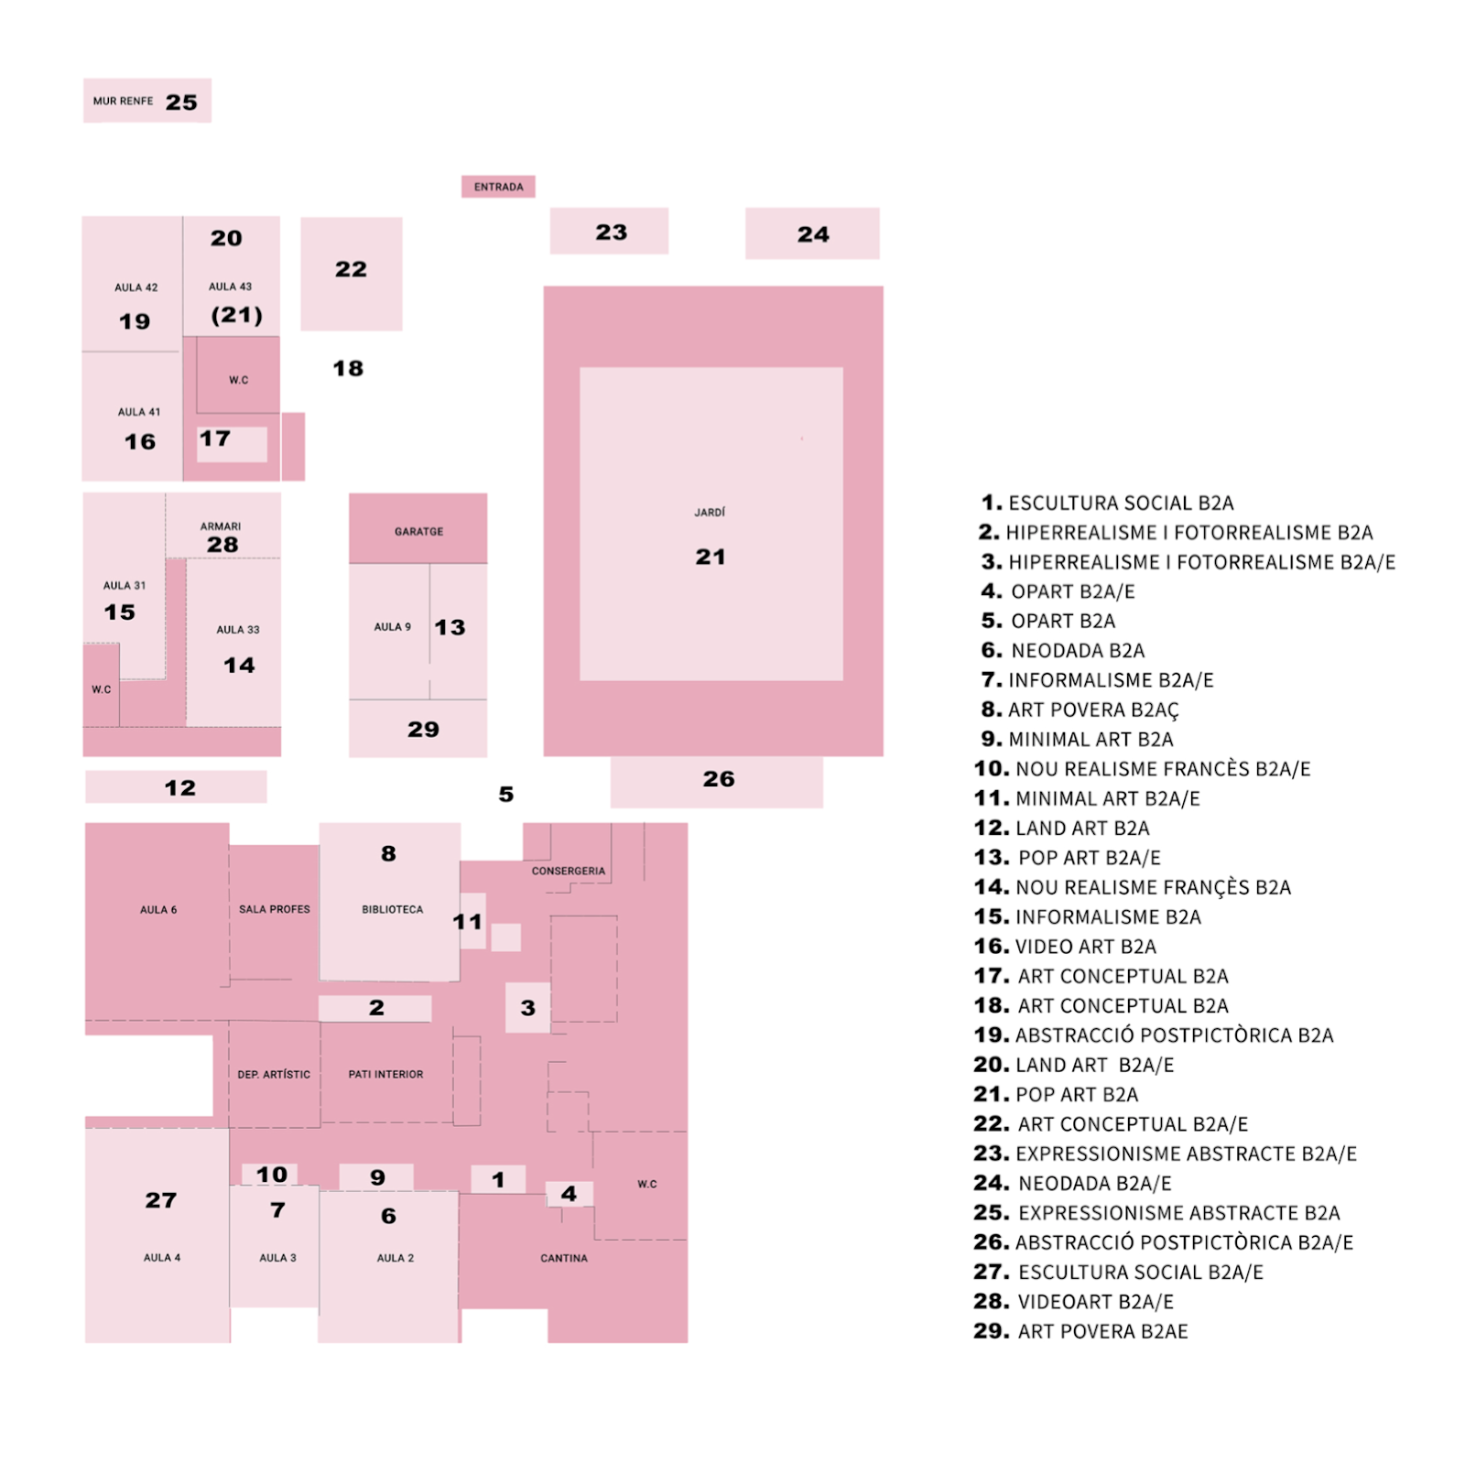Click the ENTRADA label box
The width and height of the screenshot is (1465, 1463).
498,187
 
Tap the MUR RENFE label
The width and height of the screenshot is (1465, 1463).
123,102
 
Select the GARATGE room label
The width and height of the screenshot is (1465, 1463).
418,531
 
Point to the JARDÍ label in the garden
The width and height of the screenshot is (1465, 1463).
710,513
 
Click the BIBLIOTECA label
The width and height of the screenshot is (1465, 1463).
392,909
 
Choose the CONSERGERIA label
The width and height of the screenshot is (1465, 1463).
568,871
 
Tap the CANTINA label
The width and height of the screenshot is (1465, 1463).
563,1258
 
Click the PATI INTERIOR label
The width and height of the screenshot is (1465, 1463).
385,1074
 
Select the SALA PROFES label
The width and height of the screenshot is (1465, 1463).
274,909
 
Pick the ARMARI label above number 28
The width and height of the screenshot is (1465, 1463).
221,526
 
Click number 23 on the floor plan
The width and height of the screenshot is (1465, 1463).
612,233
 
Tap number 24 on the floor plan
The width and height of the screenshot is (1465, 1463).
813,234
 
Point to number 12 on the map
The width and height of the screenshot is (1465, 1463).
180,788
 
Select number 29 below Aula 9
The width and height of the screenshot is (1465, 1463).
423,730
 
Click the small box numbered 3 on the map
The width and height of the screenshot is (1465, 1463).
527,1008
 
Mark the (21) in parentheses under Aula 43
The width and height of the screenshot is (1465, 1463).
237,315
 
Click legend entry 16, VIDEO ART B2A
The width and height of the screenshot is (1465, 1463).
1066,947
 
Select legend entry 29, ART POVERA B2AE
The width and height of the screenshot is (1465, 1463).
1081,1331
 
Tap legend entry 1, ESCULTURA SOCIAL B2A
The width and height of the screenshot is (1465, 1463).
1108,504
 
